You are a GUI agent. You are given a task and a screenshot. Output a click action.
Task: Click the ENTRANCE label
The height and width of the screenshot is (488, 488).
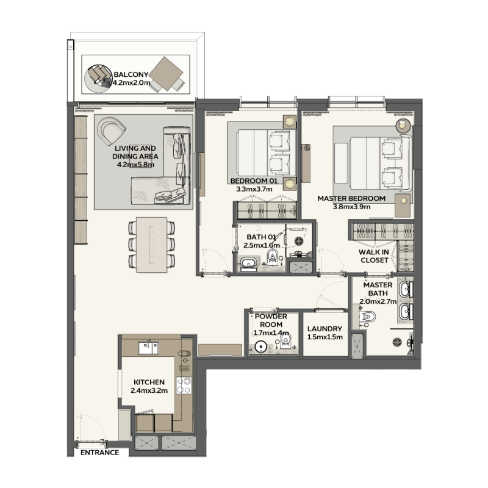tap(99, 453)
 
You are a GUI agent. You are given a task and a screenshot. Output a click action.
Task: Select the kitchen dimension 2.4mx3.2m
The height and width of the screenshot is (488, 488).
tap(148, 390)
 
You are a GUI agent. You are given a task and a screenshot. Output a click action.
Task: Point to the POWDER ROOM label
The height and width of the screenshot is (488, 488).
tap(271, 321)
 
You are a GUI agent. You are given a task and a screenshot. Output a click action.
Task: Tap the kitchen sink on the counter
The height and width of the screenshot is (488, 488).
tap(148, 348)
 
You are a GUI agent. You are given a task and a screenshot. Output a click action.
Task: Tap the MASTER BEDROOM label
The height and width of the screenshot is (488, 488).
tap(351, 199)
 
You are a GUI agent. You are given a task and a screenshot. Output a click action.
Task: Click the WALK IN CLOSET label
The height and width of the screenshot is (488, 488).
tap(374, 256)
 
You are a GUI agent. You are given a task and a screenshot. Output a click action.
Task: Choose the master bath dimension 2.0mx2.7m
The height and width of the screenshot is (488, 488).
tap(378, 301)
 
